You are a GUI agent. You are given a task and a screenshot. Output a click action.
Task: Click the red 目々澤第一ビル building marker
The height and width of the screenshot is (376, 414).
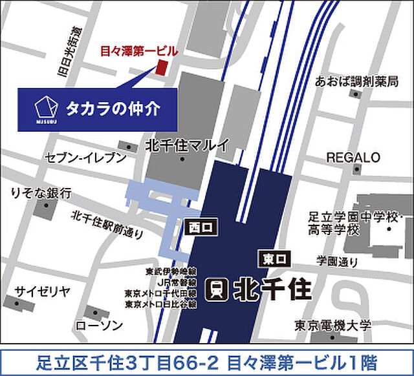coord(162,68)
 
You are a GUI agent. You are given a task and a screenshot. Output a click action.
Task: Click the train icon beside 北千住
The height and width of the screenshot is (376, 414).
coord(217,289)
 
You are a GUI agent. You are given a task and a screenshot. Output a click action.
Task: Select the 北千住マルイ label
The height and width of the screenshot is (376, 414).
coord(188,145)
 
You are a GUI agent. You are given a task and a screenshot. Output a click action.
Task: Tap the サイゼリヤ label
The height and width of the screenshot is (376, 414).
coord(43,290)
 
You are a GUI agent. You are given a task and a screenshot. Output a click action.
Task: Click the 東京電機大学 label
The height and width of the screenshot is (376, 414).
coord(334,325)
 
